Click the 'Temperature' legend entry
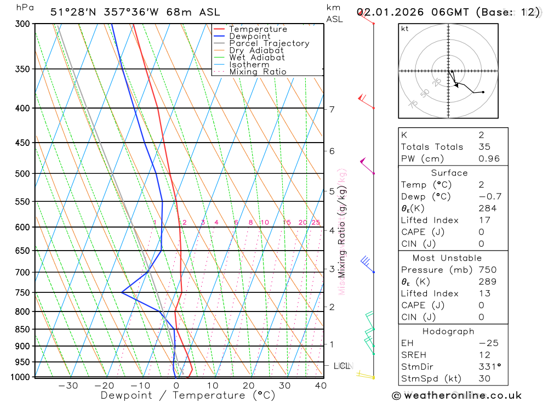[258, 29]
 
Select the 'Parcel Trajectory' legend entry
[269, 43]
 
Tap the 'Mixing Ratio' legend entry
[258, 72]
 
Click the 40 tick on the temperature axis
[321, 386]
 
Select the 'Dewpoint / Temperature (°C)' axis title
[188, 395]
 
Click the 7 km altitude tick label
[332, 109]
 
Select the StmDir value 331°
[489, 366]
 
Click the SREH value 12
[484, 355]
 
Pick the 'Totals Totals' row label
[432, 147]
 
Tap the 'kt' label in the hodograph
[405, 29]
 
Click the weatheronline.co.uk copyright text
[456, 395]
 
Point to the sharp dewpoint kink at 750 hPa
[122, 292]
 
